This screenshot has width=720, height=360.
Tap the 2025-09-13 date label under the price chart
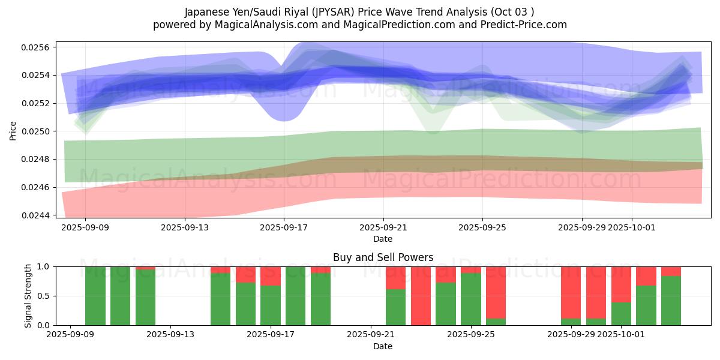coord(184,228)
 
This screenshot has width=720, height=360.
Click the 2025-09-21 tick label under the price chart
coord(383,228)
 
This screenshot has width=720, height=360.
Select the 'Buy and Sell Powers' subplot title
coord(383,257)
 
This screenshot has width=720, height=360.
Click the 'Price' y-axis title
coord(13,131)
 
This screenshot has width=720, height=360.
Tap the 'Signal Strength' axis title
coord(28,296)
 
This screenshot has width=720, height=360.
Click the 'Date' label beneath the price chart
coord(383,239)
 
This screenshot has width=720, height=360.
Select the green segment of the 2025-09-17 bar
coord(271,305)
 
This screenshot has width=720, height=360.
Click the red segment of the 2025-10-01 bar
coord(621,284)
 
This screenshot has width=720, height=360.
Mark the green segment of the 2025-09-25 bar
coord(471,299)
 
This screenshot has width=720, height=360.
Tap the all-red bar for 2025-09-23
coord(421,296)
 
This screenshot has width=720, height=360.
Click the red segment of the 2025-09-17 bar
coord(271,276)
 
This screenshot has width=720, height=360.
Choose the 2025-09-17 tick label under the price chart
coord(284,228)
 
